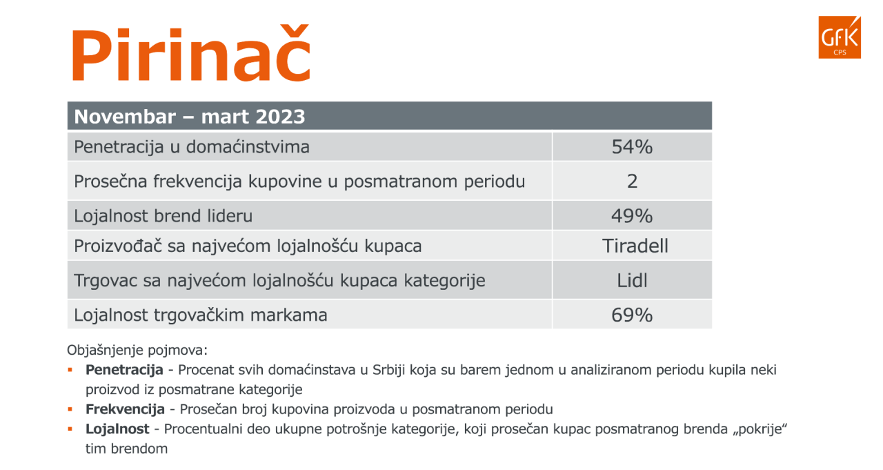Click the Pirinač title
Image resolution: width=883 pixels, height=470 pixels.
[192, 53]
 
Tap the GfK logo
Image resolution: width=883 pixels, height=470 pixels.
[840, 37]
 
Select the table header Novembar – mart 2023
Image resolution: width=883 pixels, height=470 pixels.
[190, 117]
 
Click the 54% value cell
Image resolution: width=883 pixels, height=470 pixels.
[632, 147]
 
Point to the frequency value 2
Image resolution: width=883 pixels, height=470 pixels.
[633, 182]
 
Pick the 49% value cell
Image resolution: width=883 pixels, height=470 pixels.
[632, 216]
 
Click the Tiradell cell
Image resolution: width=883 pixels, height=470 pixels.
[635, 246]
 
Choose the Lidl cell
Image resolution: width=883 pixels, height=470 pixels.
[632, 280]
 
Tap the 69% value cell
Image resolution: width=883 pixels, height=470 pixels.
[632, 315]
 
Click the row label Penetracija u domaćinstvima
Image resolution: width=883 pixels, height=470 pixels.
[192, 147]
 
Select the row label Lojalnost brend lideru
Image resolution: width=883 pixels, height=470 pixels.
[163, 216]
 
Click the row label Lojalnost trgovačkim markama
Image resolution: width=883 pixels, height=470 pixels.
[201, 315]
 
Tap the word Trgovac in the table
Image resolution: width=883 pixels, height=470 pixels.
[106, 281]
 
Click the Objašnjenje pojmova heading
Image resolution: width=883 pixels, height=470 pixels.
[137, 350]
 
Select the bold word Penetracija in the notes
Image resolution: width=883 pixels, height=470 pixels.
[124, 370]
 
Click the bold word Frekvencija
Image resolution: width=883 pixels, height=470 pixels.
[125, 409]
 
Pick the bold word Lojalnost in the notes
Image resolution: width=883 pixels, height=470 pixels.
[117, 429]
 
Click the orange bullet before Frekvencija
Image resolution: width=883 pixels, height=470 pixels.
[70, 409]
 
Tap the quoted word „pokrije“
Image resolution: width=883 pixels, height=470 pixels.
[760, 429]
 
